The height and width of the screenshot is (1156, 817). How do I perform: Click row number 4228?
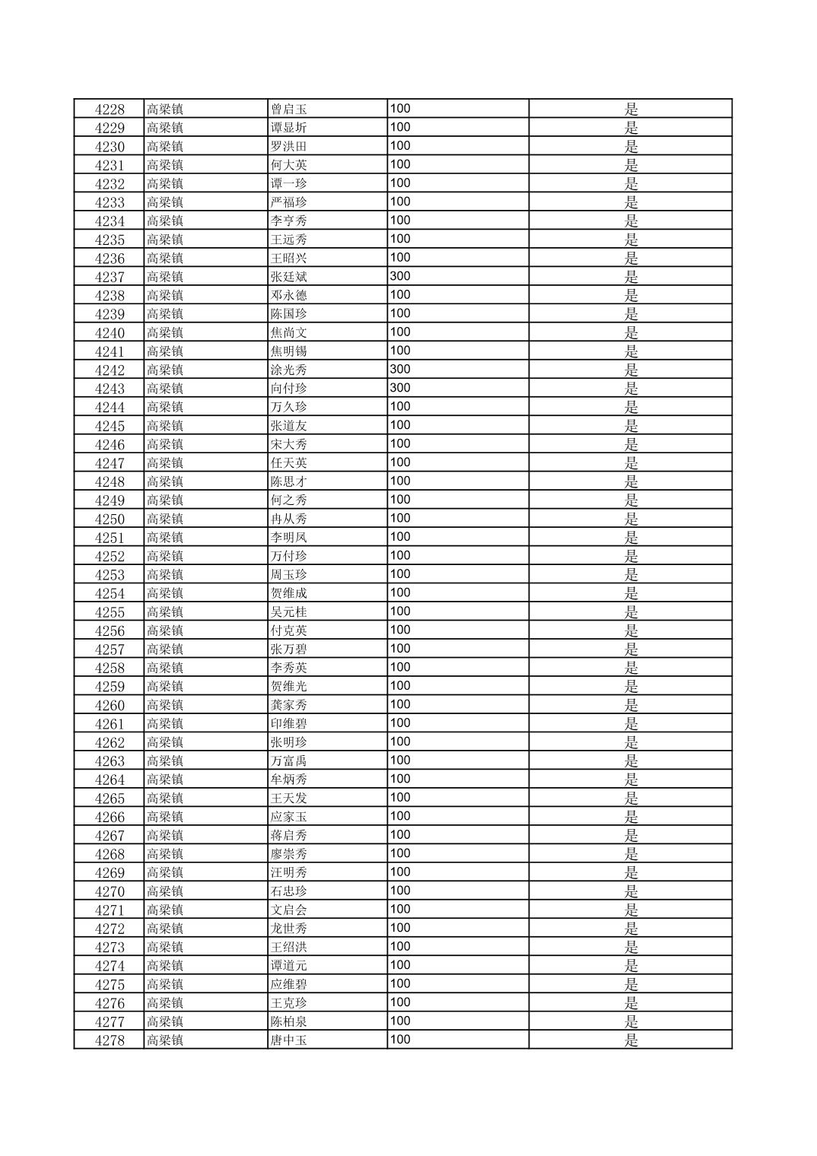110,110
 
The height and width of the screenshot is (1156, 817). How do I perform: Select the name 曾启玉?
288,110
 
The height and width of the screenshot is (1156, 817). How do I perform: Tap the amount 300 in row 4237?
400,277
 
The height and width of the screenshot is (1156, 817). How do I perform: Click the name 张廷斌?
288,278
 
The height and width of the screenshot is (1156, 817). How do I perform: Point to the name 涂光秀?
288,370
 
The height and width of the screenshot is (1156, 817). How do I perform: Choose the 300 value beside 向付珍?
400,389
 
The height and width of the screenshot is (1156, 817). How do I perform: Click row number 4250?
110,519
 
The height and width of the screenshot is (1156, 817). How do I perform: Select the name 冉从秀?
288,519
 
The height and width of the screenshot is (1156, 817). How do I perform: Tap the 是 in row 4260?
631,706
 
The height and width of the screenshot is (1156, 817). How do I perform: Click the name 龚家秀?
288,706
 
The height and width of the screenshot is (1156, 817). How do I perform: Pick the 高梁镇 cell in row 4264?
165,780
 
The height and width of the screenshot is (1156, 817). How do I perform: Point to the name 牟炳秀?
288,780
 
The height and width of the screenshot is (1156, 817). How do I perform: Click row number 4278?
110,1041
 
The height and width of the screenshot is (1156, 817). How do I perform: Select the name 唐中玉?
288,1041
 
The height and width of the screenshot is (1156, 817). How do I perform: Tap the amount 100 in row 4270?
400,891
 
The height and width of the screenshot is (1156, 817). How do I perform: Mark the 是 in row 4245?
631,426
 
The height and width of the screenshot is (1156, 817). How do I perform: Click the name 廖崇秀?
288,855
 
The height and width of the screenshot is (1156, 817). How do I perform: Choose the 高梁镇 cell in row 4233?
165,203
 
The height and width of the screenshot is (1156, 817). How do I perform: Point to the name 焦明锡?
288,352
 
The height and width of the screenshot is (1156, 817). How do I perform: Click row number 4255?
110,612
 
